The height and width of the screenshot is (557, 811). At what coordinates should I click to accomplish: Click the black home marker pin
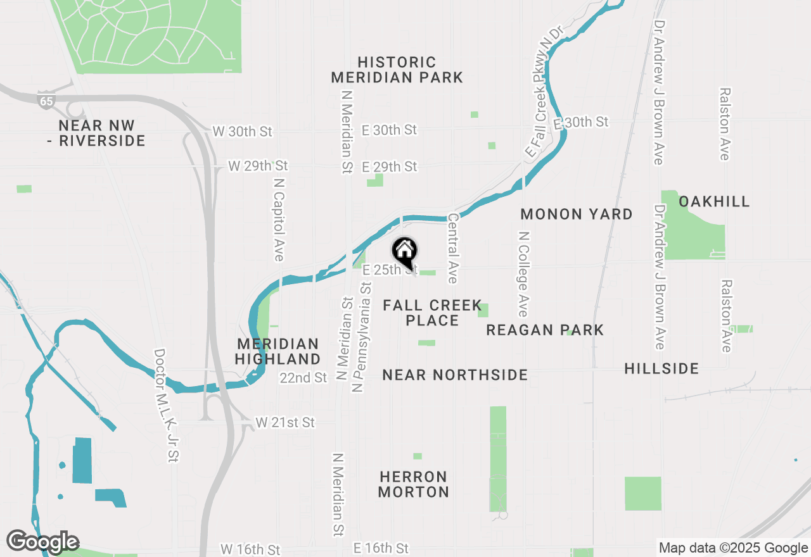click(x=404, y=253)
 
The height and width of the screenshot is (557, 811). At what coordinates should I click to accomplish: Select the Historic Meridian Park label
click(x=397, y=70)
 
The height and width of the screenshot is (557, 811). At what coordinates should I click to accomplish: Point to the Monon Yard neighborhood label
click(x=576, y=215)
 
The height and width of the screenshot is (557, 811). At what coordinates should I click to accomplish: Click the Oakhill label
click(x=714, y=201)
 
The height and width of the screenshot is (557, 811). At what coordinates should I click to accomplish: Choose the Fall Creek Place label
click(x=432, y=313)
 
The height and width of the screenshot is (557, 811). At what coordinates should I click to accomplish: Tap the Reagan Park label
click(x=545, y=330)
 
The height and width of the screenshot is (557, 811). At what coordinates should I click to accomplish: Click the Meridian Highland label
click(x=278, y=351)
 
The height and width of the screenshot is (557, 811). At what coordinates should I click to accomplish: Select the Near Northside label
click(x=455, y=375)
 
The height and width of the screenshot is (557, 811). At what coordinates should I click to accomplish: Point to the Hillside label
click(x=661, y=368)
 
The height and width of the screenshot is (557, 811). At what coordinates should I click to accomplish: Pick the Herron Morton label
click(x=414, y=484)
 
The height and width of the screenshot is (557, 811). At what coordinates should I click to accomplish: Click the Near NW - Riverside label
click(x=96, y=133)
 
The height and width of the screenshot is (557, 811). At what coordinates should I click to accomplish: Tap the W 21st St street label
click(x=285, y=422)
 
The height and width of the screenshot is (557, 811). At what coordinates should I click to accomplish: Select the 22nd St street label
click(x=303, y=378)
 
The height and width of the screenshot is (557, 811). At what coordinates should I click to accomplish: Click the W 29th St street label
click(x=258, y=166)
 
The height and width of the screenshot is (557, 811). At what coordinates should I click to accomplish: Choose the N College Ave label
click(x=523, y=273)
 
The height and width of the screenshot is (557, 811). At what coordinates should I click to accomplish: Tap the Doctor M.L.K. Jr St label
click(x=167, y=405)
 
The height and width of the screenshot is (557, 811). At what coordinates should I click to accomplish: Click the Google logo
click(x=42, y=542)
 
